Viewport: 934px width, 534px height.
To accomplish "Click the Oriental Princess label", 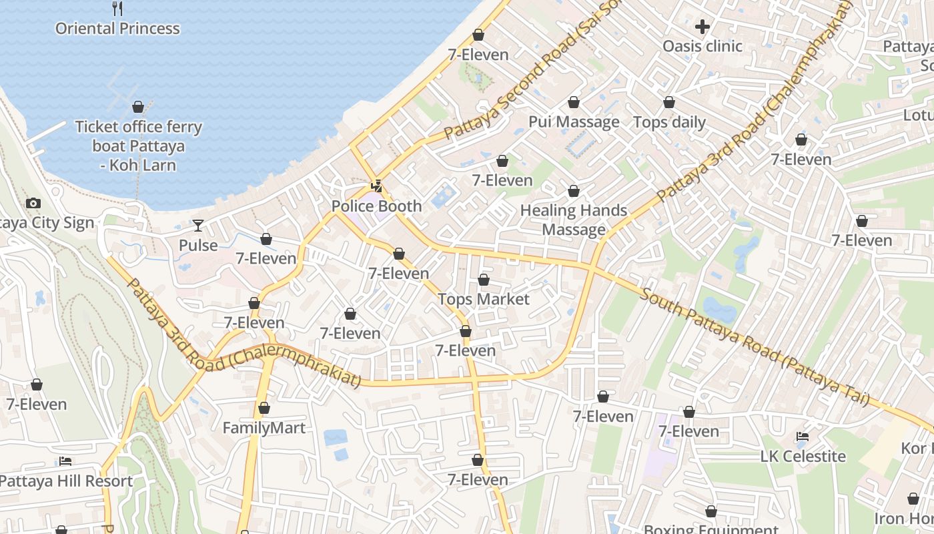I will [x=117, y=29].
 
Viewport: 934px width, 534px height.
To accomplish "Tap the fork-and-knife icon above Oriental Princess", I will [x=117, y=9].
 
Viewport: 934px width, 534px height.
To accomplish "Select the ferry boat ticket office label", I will [x=138, y=146].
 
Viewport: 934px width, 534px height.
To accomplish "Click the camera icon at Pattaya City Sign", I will [x=33, y=203].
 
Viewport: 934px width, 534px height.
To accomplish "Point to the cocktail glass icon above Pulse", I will [x=198, y=226].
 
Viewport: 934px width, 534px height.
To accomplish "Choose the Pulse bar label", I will [x=198, y=246].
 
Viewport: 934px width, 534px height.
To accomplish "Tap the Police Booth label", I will [x=377, y=206].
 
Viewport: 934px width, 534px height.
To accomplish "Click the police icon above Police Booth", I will [x=377, y=186].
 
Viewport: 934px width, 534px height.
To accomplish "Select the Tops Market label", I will [x=484, y=299].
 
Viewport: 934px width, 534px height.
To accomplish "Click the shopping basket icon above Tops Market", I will [x=484, y=280].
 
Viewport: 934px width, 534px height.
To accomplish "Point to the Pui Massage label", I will [x=574, y=122].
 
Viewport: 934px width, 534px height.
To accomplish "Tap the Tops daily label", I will [x=669, y=122].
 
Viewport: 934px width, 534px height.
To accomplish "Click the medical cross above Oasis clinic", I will [x=702, y=27].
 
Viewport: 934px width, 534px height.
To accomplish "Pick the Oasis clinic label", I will [x=702, y=46].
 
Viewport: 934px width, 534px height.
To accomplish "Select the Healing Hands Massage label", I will [x=574, y=220].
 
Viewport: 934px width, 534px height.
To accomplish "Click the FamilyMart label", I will [x=264, y=428].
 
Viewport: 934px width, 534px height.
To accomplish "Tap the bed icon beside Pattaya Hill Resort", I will [x=65, y=461].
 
